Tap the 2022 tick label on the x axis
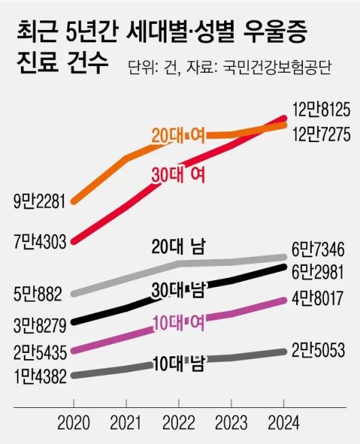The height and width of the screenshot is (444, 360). click(180, 423)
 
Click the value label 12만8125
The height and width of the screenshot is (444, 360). click(321, 109)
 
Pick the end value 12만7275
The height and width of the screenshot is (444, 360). click(321, 135)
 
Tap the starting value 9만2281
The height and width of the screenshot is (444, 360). click(39, 202)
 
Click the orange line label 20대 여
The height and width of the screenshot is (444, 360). click(178, 136)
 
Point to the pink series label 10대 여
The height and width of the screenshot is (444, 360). click(178, 323)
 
